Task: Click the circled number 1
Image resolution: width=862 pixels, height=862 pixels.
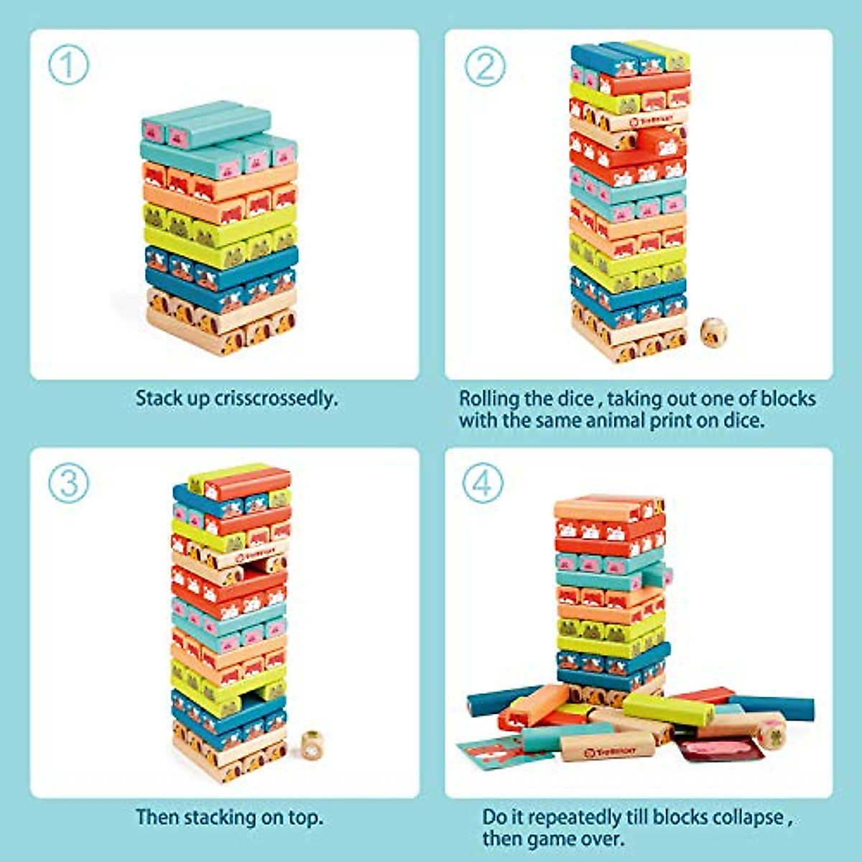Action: pyautogui.click(x=68, y=65)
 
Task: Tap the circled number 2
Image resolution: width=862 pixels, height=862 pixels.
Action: pyautogui.click(x=484, y=65)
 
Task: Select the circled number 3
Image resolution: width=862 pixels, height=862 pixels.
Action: pyautogui.click(x=68, y=483)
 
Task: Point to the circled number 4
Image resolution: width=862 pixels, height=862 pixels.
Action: pyautogui.click(x=482, y=483)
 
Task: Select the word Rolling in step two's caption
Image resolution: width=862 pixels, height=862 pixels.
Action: pyautogui.click(x=489, y=398)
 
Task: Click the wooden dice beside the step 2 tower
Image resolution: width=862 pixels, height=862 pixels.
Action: pyautogui.click(x=713, y=333)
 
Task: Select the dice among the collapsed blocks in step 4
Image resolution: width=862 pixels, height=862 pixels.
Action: pyautogui.click(x=771, y=733)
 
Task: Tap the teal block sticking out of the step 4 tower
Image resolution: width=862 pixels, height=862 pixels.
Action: pyautogui.click(x=657, y=575)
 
